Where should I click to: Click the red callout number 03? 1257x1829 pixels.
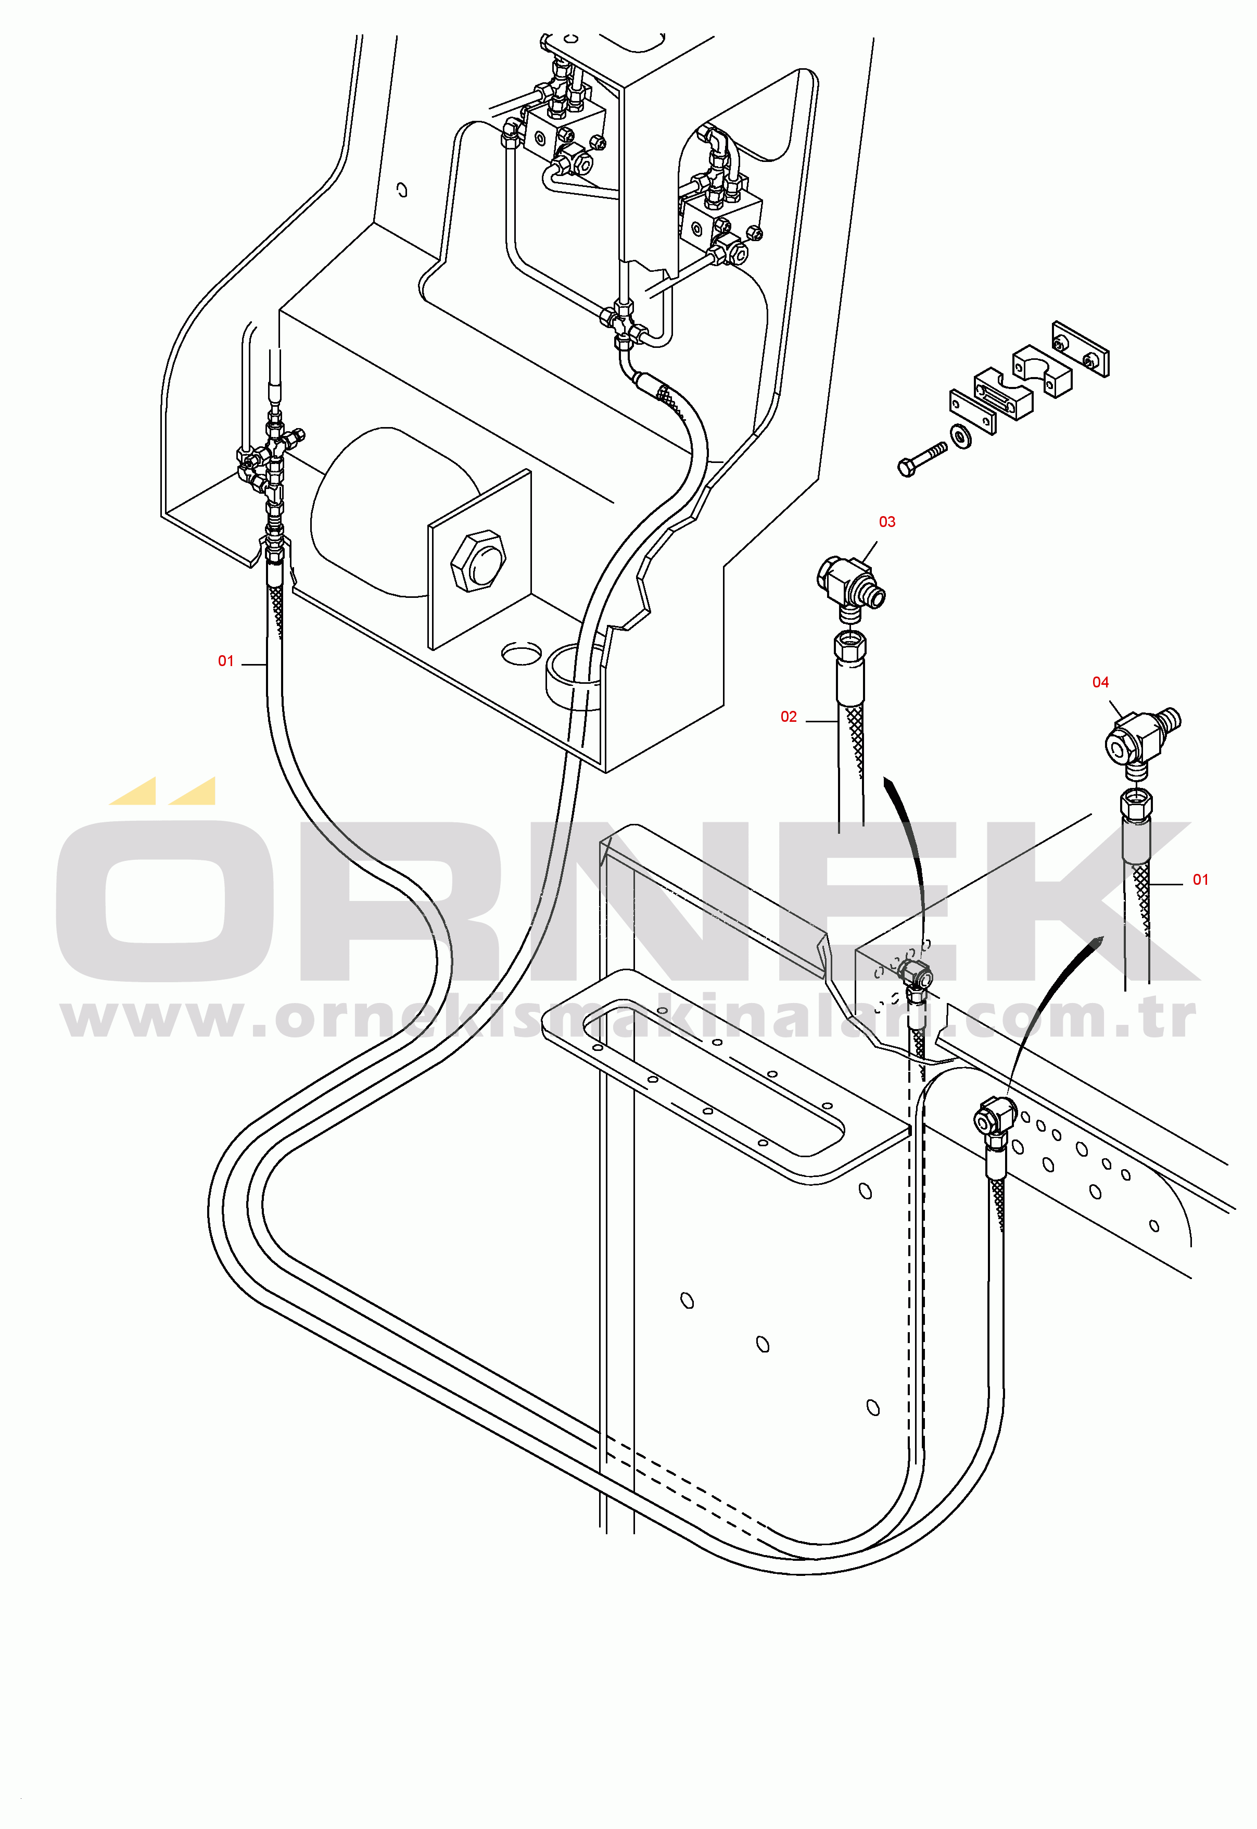coord(887,522)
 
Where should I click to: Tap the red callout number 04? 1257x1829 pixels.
coord(1100,682)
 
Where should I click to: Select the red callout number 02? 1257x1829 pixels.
coord(789,716)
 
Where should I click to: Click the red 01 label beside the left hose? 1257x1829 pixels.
coord(226,661)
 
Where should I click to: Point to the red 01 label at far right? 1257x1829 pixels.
coord(1200,880)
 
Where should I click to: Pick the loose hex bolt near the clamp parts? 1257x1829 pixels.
coord(921,459)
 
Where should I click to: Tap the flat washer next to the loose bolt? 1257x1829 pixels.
coord(961,435)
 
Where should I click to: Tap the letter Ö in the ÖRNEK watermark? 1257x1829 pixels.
coord(166,898)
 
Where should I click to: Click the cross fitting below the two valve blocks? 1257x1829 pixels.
coord(624,323)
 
